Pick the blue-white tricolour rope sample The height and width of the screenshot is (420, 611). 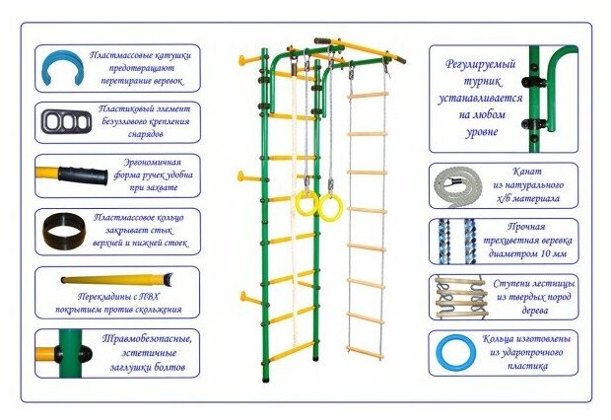454,240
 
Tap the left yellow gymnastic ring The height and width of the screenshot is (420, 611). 305,204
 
